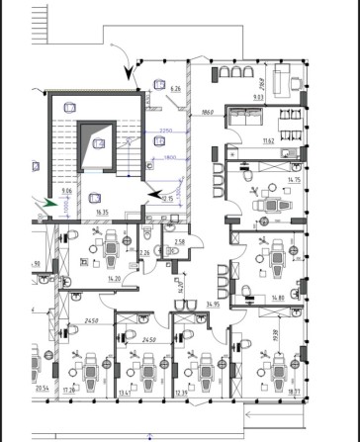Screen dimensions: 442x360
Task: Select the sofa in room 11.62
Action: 241,116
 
